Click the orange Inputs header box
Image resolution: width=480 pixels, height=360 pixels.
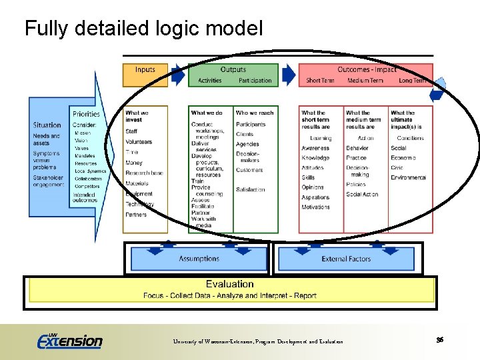tap(145, 75)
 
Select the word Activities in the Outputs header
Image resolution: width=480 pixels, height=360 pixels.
tap(210, 81)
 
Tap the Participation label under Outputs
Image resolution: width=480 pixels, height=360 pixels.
tap(255, 81)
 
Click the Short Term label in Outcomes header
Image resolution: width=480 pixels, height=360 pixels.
tap(320, 81)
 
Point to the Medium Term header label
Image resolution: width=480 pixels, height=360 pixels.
tap(365, 81)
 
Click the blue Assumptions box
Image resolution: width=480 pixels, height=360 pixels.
tap(199, 259)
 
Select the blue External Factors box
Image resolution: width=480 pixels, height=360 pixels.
tap(346, 259)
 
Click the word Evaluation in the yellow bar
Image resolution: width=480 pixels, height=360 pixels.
tap(229, 284)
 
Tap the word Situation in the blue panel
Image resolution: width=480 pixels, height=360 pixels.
tap(47, 125)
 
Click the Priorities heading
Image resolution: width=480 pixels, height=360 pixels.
tap(86, 115)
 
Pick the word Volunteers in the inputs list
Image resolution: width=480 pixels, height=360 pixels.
tap(139, 142)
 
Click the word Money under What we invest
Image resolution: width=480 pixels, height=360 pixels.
tap(133, 163)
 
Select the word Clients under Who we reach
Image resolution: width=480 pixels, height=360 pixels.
tap(245, 134)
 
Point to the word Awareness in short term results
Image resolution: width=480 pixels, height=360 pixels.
tap(315, 148)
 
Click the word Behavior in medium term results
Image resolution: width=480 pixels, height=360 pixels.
tap(357, 148)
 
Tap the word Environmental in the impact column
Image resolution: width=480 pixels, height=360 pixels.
tap(408, 178)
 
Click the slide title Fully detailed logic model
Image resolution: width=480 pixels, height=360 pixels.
tap(143, 28)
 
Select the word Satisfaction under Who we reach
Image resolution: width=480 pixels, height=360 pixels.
tap(250, 189)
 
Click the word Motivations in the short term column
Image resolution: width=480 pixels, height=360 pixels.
tap(315, 207)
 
